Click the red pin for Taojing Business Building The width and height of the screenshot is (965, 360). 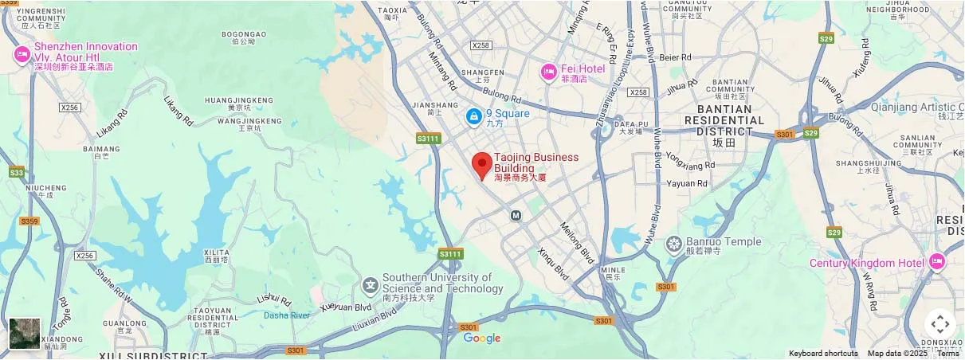(x=481, y=165)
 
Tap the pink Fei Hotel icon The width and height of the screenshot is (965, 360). (x=548, y=72)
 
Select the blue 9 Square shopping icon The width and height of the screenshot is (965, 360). (x=474, y=117)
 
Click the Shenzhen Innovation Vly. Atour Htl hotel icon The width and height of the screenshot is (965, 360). (x=22, y=55)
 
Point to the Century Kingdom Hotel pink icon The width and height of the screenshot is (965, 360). (x=936, y=262)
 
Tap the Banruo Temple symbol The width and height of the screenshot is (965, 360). (x=674, y=243)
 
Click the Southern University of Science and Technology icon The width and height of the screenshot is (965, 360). (x=370, y=284)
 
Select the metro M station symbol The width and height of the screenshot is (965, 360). (x=516, y=215)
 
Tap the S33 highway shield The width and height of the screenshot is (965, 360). (x=16, y=172)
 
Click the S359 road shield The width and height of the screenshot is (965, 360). (x=29, y=221)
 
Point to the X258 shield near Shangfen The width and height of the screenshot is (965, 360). (x=481, y=45)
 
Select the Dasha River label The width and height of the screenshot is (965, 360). (x=287, y=315)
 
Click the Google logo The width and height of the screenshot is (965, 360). (x=482, y=338)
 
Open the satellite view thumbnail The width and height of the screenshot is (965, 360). (x=25, y=334)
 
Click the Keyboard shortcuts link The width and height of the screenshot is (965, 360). (x=823, y=354)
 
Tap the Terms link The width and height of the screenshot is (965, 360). (x=947, y=354)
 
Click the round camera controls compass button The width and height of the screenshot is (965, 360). (x=940, y=324)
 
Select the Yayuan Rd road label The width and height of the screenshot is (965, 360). (x=686, y=183)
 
